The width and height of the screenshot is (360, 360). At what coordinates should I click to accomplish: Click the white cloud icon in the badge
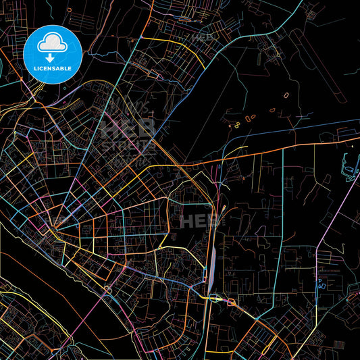click(53, 43)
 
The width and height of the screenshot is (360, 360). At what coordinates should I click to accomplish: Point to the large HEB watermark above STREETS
click(128, 127)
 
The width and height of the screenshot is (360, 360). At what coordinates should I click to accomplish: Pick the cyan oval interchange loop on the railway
click(215, 297)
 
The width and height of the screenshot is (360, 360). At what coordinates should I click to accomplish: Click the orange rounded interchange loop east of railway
click(231, 303)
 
